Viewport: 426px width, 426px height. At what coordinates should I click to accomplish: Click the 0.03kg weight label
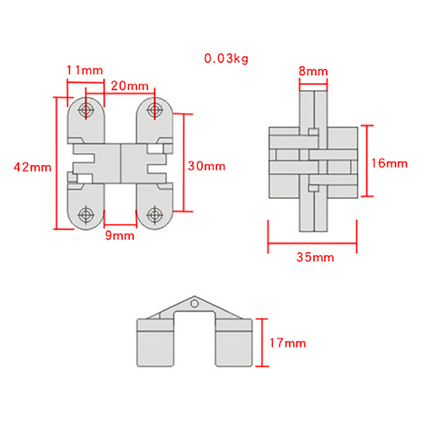[226, 58]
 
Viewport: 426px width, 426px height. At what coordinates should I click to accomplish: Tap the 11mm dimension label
[85, 70]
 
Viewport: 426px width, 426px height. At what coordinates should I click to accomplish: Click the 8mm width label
[314, 71]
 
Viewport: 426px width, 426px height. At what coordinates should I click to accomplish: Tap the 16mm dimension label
[389, 163]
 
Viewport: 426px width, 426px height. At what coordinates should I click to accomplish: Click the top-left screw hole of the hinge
[86, 109]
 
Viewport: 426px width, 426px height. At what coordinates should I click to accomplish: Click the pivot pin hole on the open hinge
[195, 303]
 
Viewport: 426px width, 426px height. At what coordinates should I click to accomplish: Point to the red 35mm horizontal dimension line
[312, 245]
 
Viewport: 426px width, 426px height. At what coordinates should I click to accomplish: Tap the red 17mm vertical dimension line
[262, 343]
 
